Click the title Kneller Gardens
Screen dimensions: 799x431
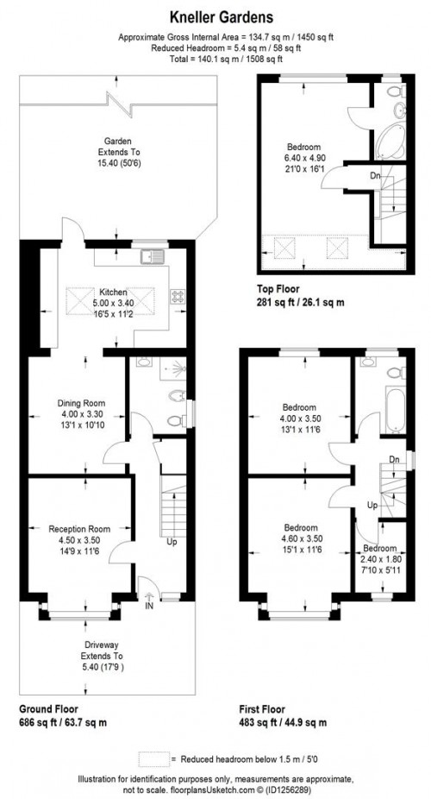pyautogui.click(x=215, y=16)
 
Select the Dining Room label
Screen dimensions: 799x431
pyautogui.click(x=80, y=403)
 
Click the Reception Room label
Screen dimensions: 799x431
pyautogui.click(x=78, y=528)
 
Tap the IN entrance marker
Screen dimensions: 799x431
pyautogui.click(x=149, y=607)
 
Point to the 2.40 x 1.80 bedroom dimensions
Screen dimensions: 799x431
pyautogui.click(x=380, y=558)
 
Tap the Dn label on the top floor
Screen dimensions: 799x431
pyautogui.click(x=374, y=176)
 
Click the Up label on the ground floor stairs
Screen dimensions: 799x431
pyautogui.click(x=172, y=542)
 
